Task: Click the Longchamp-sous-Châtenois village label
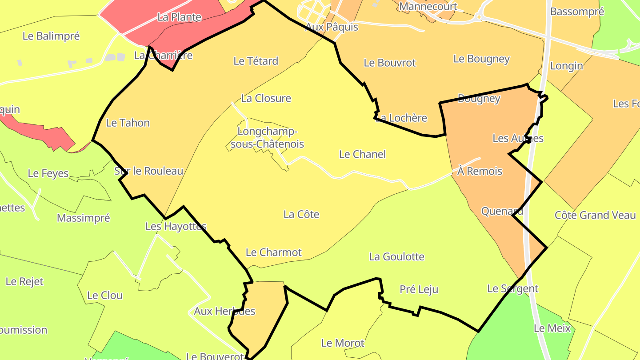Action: (x=271, y=138)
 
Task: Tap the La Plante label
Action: (x=179, y=17)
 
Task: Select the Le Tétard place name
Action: (x=256, y=61)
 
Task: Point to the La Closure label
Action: (x=266, y=98)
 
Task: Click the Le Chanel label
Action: (x=362, y=154)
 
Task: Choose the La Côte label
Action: (x=301, y=214)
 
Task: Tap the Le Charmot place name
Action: (x=273, y=252)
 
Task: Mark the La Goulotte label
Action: (x=396, y=256)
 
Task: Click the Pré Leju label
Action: (x=419, y=289)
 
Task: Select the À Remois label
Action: (x=480, y=171)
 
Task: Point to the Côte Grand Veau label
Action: (x=595, y=215)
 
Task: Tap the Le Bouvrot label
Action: (x=389, y=63)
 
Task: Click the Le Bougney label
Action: (x=481, y=59)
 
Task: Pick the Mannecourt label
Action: (x=428, y=7)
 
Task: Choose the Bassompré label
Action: (x=577, y=12)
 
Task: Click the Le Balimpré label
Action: (x=51, y=36)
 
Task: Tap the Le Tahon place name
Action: (x=128, y=123)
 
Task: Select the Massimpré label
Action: (x=83, y=218)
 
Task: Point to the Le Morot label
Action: (x=342, y=343)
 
